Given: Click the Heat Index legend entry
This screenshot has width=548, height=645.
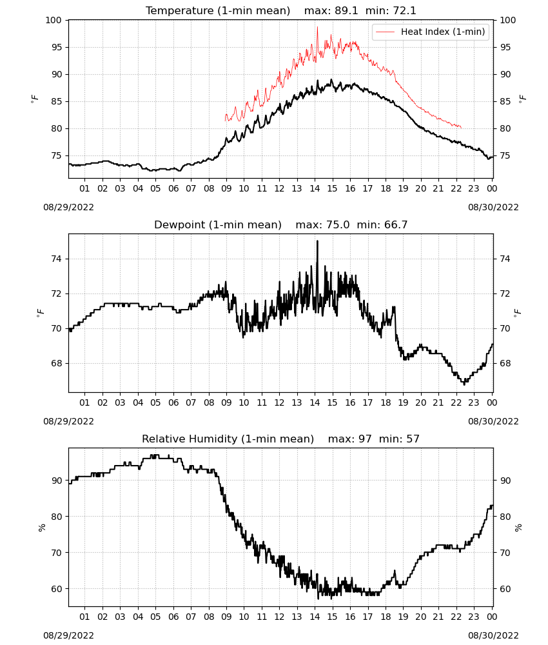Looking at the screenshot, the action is (431, 32).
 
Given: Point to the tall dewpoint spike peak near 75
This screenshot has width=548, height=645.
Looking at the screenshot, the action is (317, 241).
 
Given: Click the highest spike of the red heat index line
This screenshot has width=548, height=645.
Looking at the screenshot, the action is (317, 27).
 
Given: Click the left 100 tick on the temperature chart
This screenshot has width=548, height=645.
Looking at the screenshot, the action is (54, 20).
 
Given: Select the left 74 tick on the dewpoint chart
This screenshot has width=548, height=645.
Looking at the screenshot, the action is (56, 259).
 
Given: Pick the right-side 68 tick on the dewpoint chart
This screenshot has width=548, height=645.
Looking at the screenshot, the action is (505, 363).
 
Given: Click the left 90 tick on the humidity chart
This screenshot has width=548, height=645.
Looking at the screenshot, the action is (56, 481).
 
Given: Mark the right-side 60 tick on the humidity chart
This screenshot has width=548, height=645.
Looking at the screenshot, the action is (505, 589).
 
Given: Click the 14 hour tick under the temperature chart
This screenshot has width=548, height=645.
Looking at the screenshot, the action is (315, 188).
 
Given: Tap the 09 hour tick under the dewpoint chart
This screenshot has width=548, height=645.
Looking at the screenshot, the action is (226, 402).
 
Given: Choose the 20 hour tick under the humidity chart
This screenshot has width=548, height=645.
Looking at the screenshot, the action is (420, 617).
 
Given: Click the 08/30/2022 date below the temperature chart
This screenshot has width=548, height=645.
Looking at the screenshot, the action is (493, 207).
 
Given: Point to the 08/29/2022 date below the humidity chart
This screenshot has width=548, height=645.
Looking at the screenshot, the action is (68, 635).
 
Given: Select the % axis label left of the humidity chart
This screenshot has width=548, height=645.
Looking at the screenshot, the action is (41, 528).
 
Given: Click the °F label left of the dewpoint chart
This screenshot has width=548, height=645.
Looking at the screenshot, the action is (40, 313).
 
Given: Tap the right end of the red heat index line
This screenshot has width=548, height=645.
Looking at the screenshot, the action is (462, 128).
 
